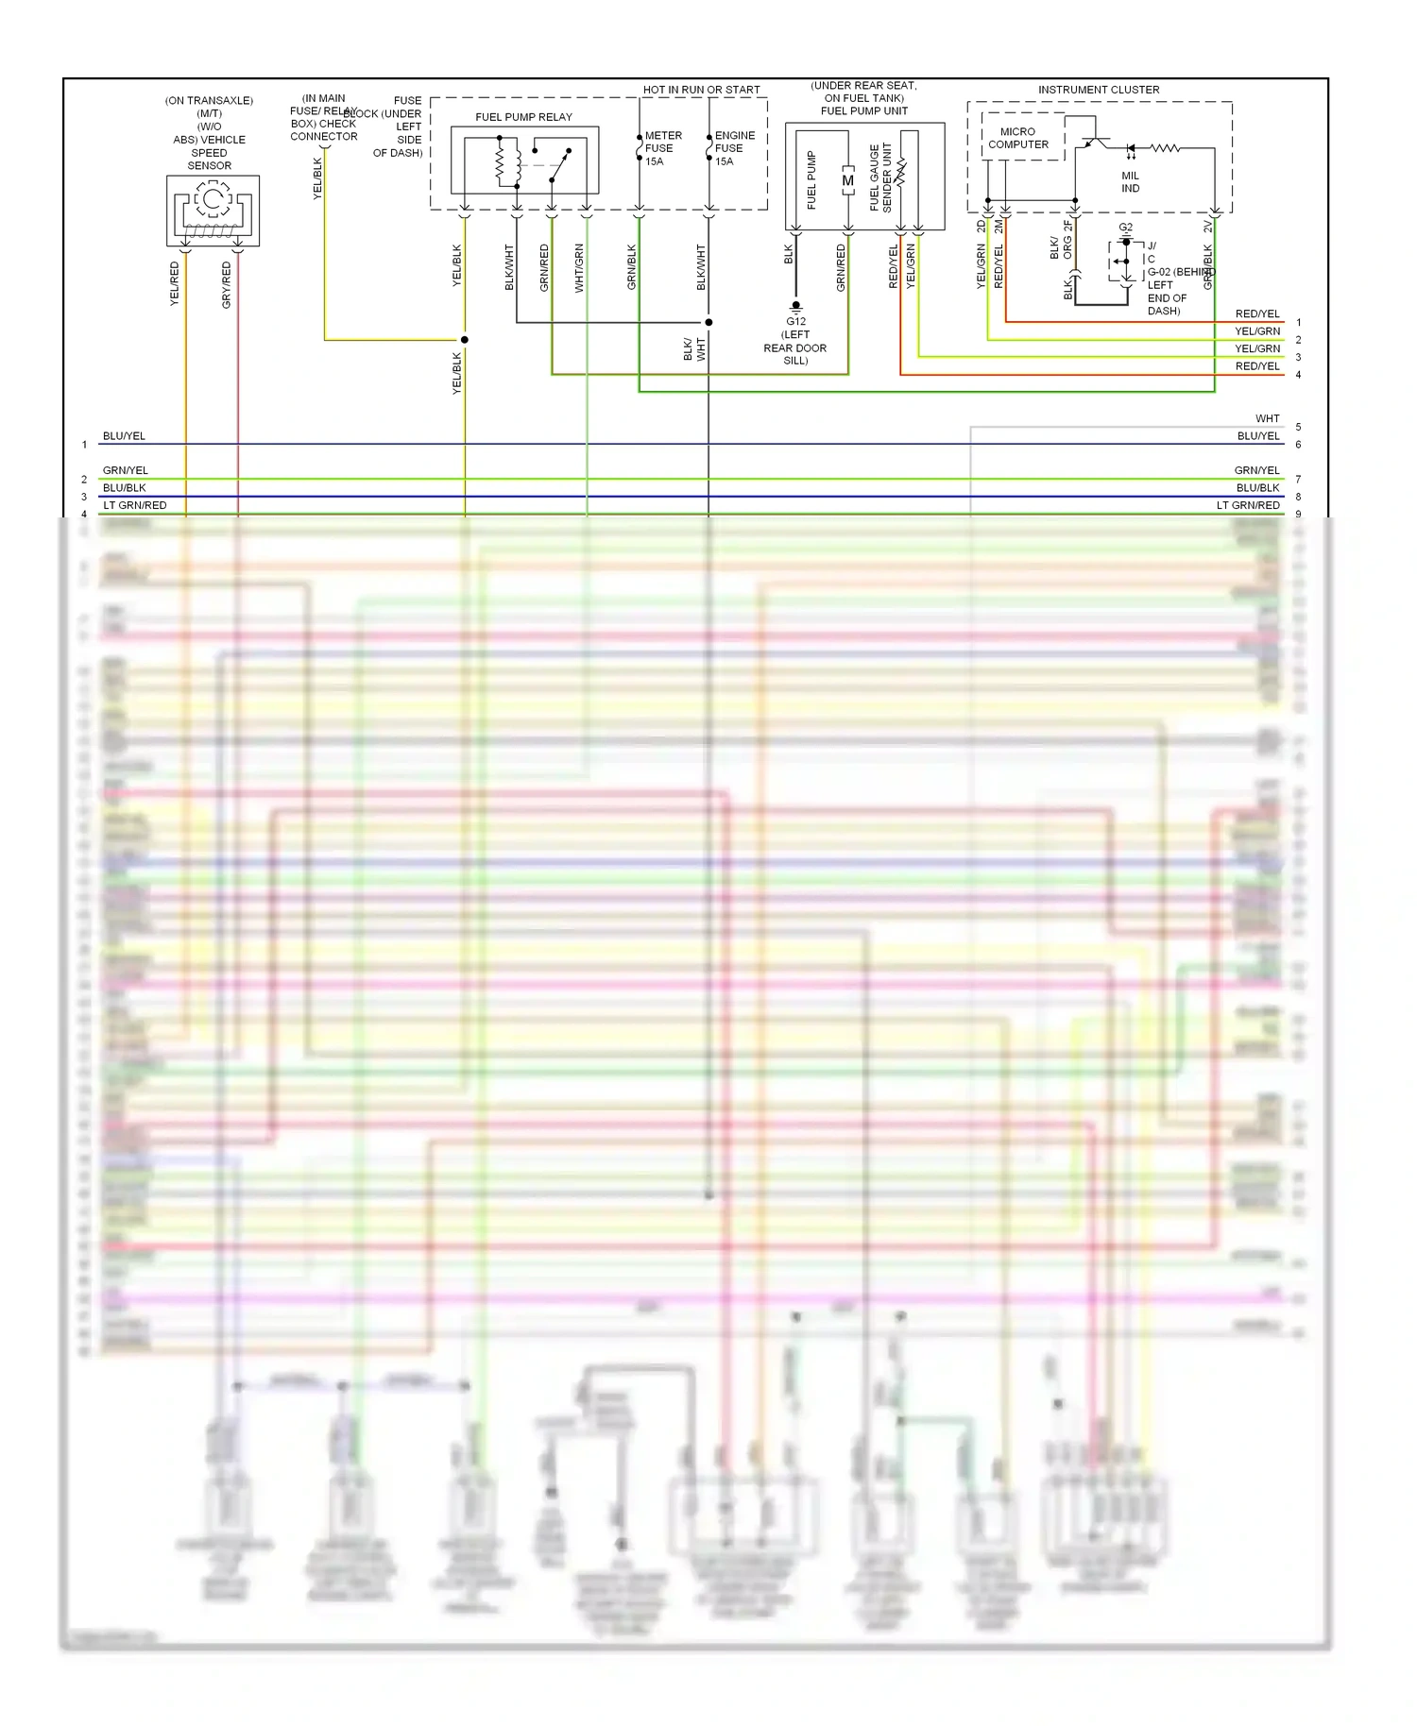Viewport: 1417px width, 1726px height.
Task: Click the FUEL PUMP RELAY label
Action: (523, 117)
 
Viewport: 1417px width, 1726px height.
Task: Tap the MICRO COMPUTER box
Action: (1018, 139)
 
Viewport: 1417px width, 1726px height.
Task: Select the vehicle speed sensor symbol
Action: (213, 211)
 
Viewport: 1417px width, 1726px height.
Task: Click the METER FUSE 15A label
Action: (662, 148)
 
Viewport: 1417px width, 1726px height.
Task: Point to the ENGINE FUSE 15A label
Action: (734, 148)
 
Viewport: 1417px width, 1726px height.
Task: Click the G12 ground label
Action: (795, 322)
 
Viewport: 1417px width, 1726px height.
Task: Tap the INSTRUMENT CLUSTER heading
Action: (1099, 90)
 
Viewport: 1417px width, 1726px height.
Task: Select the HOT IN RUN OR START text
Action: (701, 90)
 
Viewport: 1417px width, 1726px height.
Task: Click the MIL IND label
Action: (1130, 182)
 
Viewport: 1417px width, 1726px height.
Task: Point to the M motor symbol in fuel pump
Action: (847, 180)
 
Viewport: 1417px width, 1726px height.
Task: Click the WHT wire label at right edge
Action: (1267, 418)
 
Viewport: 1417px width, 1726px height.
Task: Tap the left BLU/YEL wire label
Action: (124, 436)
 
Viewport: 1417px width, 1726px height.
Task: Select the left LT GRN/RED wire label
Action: (134, 505)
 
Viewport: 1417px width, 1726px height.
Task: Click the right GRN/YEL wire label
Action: (1256, 470)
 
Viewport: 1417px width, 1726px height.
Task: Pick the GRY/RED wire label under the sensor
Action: (226, 285)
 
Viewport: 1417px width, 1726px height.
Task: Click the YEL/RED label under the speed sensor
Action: (174, 284)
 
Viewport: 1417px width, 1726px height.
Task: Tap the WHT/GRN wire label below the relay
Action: (579, 268)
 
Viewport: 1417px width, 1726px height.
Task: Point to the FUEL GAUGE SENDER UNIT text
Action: (880, 178)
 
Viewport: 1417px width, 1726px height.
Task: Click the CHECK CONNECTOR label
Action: (323, 130)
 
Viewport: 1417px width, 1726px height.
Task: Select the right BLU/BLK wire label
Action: (1257, 488)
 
